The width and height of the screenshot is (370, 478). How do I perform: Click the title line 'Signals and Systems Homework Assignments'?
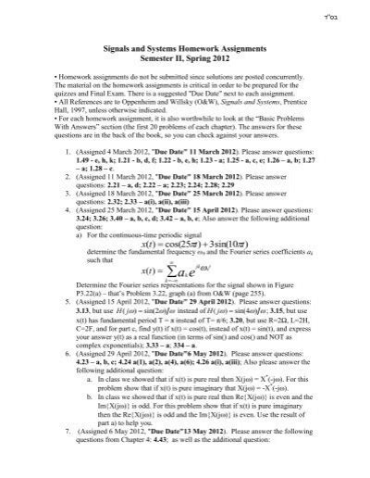click(184, 62)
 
